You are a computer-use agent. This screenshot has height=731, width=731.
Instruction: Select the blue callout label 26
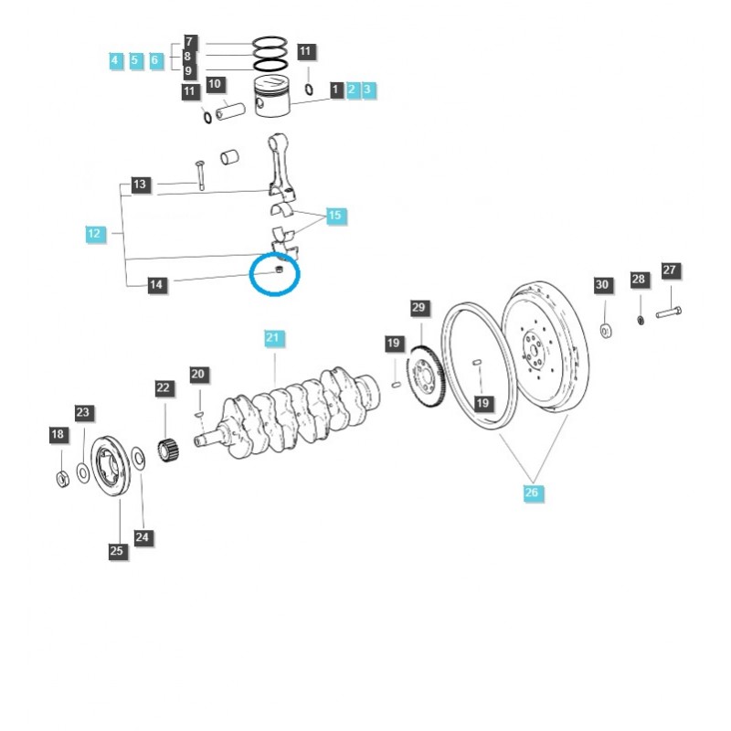(x=533, y=493)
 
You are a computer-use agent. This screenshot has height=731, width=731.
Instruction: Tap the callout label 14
(x=156, y=285)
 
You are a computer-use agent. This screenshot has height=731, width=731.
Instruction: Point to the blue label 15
(x=334, y=216)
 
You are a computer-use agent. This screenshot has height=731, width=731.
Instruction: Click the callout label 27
(x=670, y=270)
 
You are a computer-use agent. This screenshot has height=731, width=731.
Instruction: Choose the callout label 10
(x=216, y=85)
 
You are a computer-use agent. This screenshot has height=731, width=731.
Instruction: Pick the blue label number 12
(x=93, y=234)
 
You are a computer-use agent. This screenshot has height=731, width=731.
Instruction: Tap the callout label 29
(x=418, y=308)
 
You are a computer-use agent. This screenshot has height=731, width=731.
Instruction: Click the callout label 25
(x=116, y=550)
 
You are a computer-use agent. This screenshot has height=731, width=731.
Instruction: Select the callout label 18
(x=58, y=434)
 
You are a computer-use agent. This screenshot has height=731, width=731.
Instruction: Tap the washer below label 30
(x=606, y=329)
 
